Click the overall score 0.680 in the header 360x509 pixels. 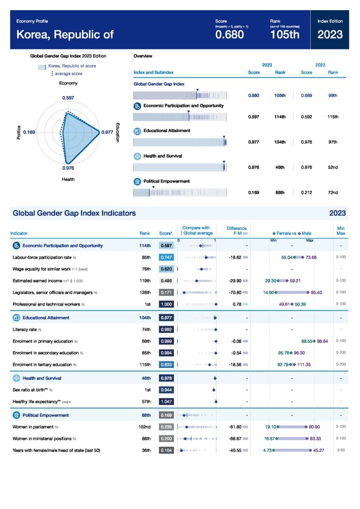point(229,35)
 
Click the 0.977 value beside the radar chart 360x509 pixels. point(107,132)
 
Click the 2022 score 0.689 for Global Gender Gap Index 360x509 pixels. point(307,95)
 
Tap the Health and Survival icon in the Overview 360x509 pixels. point(137,156)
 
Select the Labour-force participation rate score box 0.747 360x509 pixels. point(167,257)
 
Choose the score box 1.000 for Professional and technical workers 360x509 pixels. point(167,304)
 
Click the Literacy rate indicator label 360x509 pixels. point(27,329)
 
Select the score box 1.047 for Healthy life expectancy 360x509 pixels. point(167,400)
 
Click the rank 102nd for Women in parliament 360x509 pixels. point(143,427)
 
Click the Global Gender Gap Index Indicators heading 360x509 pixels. point(74,213)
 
